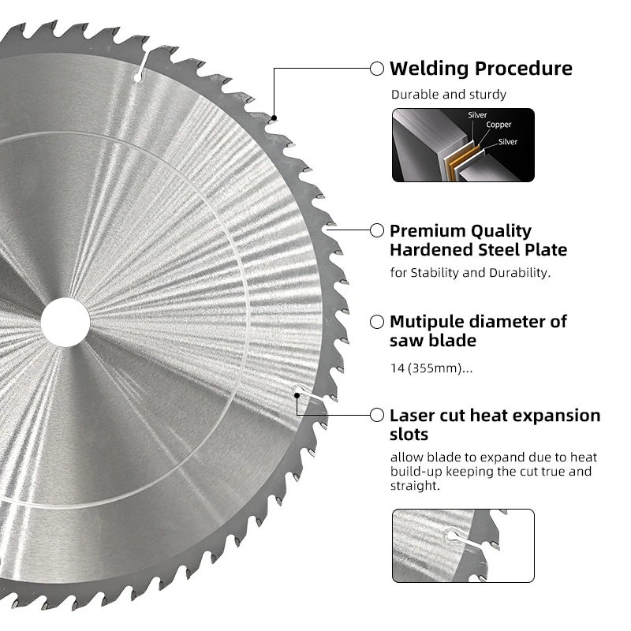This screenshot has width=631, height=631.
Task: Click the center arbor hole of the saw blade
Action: pyautogui.click(x=65, y=322)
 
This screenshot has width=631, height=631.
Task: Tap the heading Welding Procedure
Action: pyautogui.click(x=481, y=69)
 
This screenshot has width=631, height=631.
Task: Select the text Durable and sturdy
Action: pyautogui.click(x=448, y=95)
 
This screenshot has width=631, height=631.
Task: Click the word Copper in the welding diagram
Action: pyautogui.click(x=498, y=125)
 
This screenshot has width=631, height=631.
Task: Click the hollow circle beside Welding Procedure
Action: pyautogui.click(x=377, y=69)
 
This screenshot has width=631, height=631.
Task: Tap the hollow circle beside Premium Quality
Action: pyautogui.click(x=377, y=230)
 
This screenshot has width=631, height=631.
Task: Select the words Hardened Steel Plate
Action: pyautogui.click(x=479, y=250)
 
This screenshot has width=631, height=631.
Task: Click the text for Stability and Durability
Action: pyautogui.click(x=470, y=273)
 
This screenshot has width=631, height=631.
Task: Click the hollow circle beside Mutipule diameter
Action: pyautogui.click(x=377, y=322)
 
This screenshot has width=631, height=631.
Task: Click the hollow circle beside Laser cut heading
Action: pyautogui.click(x=377, y=416)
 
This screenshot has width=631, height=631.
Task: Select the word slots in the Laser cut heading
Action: pyautogui.click(x=409, y=435)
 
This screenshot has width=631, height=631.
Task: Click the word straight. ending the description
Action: pyautogui.click(x=415, y=486)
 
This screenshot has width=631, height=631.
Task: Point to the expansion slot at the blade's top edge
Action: pyautogui.click(x=142, y=65)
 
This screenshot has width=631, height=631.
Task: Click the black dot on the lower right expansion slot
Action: pyautogui.click(x=297, y=396)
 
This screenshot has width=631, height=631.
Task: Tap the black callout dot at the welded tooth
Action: pyautogui.click(x=274, y=118)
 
